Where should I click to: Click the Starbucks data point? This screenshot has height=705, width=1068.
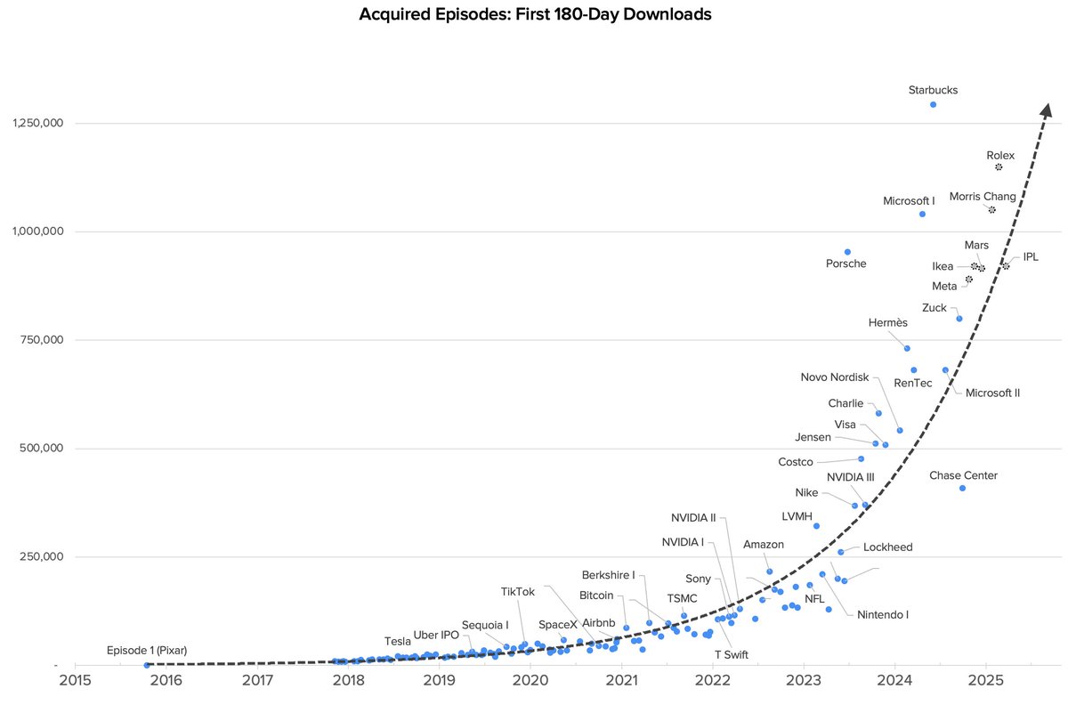coord(933,104)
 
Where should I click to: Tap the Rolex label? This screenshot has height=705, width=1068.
coord(1000,155)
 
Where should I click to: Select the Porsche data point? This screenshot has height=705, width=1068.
coord(847,252)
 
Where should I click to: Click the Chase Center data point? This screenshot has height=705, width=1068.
coord(962,488)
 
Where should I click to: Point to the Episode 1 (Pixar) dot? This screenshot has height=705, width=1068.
coord(146,664)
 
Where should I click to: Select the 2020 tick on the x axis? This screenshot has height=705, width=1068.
coord(530,681)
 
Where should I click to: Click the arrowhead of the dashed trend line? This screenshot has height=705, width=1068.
coord(1048,109)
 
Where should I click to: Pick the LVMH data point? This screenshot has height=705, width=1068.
coord(816,525)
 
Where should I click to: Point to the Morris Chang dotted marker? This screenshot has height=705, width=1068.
coord(991,209)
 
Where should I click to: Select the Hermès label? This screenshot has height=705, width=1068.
coord(887,322)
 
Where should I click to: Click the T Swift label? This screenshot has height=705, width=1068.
coord(732,654)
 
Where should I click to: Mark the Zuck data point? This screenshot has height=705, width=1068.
coord(959,318)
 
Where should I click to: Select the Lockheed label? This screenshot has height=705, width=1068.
coord(887,547)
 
